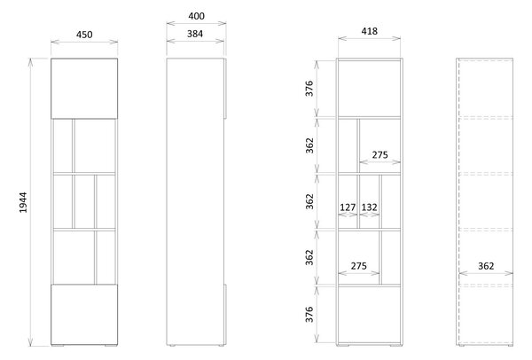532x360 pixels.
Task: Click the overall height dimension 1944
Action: click(23, 202)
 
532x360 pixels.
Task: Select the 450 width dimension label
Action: click(84, 35)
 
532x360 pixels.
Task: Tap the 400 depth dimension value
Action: click(197, 16)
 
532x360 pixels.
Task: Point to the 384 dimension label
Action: click(195, 34)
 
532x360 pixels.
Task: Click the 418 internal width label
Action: click(369, 31)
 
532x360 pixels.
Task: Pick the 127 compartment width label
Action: click(348, 207)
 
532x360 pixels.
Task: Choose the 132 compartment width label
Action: click(369, 207)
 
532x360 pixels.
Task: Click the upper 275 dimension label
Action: click(379, 154)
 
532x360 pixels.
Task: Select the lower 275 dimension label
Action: click(358, 266)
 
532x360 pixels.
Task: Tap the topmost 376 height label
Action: click(309, 89)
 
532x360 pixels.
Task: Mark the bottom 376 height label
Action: click(309, 314)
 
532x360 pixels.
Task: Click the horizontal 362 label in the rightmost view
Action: click(486, 266)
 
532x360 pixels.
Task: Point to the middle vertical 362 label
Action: click(309, 201)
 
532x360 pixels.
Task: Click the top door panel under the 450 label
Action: click(84, 89)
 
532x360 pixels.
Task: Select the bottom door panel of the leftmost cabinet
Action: click(84, 315)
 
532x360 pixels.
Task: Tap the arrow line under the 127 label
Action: click(348, 215)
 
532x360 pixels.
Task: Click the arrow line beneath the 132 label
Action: click(369, 215)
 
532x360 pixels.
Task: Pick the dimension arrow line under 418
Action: click(369, 38)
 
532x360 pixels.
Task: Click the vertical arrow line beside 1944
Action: click(30, 202)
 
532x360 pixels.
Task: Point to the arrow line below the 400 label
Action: click(197, 23)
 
